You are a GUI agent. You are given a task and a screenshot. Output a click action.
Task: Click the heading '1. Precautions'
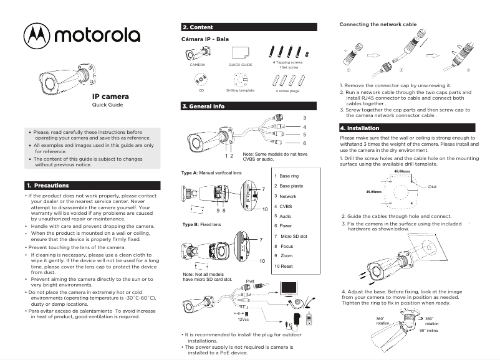pyautogui.click(x=47, y=186)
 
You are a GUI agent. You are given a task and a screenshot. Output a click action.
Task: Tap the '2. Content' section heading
pyautogui.click(x=198, y=27)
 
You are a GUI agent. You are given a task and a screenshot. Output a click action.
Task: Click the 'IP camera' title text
pyautogui.click(x=110, y=97)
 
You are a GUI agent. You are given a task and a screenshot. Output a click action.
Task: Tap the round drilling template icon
pyautogui.click(x=240, y=78)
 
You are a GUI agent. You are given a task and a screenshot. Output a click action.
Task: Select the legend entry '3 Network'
pyautogui.click(x=285, y=196)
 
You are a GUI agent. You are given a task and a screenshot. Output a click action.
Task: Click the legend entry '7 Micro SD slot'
pyautogui.click(x=291, y=236)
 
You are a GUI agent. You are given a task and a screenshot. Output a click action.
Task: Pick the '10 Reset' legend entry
pyautogui.click(x=284, y=266)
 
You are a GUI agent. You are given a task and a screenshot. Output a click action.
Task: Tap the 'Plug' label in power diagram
pyautogui.click(x=251, y=282)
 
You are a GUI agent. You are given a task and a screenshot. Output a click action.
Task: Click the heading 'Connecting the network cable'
pyautogui.click(x=377, y=24)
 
